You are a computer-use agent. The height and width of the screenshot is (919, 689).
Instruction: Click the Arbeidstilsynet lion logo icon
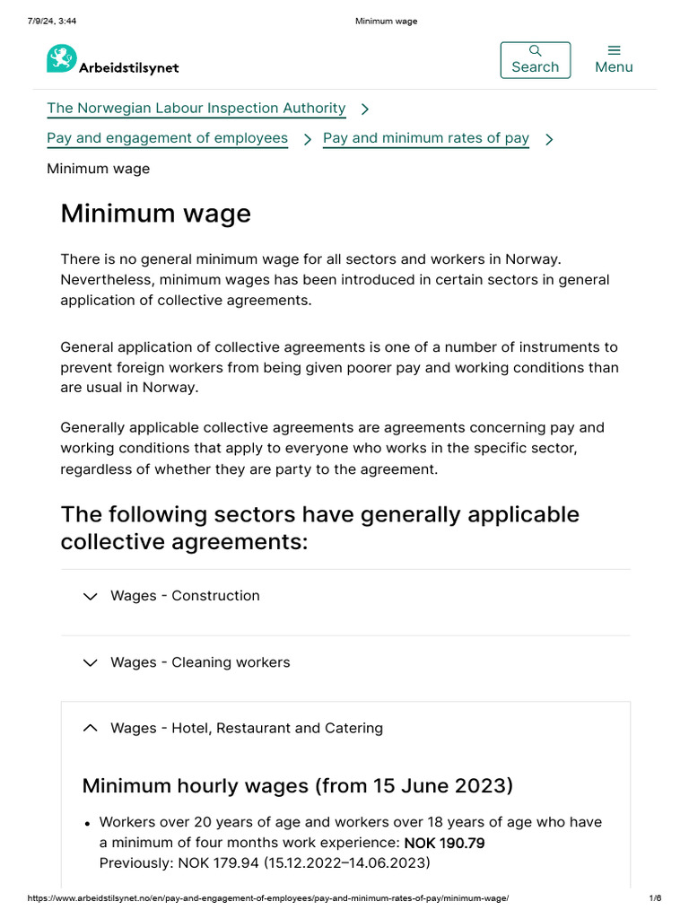click(62, 59)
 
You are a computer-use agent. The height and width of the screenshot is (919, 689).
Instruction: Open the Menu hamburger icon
click(614, 50)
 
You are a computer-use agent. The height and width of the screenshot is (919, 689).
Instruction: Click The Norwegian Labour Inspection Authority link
click(196, 109)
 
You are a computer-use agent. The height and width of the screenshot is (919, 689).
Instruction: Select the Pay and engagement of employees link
click(167, 138)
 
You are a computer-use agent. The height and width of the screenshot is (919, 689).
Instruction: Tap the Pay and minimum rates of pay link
click(425, 138)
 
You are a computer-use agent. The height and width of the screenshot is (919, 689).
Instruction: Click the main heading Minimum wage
click(155, 214)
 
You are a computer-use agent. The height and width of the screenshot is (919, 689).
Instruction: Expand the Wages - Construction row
click(185, 596)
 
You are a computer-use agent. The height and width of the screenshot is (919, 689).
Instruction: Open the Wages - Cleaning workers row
click(200, 662)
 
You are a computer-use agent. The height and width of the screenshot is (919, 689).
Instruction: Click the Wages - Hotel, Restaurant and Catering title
click(247, 729)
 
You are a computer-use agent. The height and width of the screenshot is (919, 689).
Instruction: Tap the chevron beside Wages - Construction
click(90, 596)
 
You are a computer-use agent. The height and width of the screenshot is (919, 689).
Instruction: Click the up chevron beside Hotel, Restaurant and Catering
click(90, 729)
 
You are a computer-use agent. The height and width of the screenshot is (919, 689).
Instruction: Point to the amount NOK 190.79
click(444, 844)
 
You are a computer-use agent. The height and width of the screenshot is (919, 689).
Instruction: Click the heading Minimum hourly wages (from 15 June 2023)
click(297, 786)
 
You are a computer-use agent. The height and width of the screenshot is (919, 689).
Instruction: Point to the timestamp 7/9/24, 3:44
click(52, 22)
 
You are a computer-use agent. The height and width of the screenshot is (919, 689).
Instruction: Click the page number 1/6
click(655, 898)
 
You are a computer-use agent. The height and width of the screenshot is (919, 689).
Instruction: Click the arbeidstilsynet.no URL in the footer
click(268, 898)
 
